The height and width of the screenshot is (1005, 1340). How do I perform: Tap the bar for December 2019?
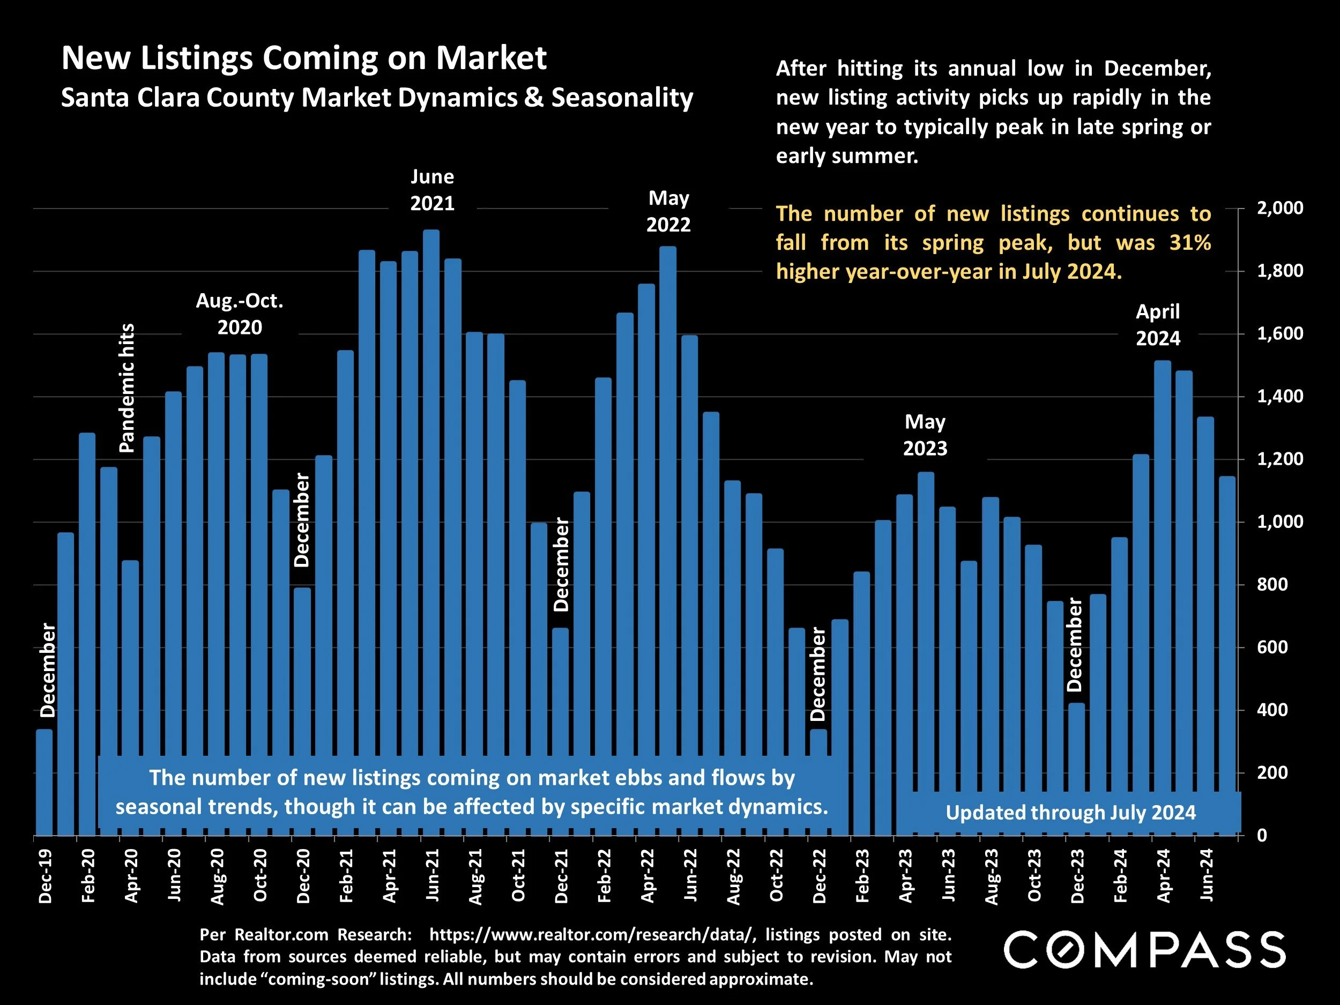(x=44, y=781)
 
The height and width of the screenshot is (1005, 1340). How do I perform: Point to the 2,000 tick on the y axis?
(x=1279, y=208)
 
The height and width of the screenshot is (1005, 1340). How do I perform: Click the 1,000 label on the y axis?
(x=1279, y=522)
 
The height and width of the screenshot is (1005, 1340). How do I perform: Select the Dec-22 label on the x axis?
(x=819, y=876)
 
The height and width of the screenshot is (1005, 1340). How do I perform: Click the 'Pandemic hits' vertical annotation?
(x=126, y=388)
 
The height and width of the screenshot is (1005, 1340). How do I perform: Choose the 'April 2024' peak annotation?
(x=1158, y=325)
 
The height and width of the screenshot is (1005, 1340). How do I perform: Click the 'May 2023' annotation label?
(x=925, y=434)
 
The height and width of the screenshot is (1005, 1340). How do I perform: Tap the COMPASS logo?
(x=1145, y=950)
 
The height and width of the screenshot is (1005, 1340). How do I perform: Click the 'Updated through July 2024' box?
(x=1070, y=813)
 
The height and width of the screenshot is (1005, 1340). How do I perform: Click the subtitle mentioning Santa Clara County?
(x=377, y=98)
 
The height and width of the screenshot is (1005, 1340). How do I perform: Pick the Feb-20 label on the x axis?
(x=88, y=876)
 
